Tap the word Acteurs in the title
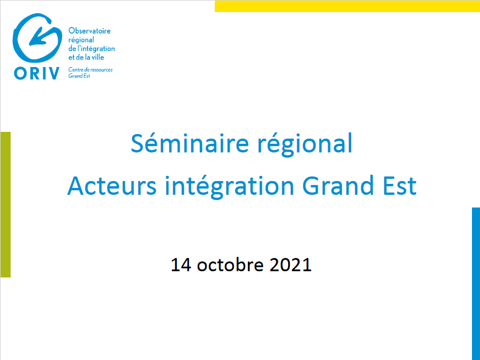point(112,186)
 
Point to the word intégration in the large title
point(230,186)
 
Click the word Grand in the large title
point(338,185)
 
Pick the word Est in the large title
point(400,186)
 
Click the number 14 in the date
point(181,264)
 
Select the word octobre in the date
point(230,264)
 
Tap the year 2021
point(290,264)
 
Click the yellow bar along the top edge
point(347,6)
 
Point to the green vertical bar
point(6,204)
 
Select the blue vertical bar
point(476,284)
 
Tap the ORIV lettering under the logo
point(37,73)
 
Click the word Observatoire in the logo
point(89,30)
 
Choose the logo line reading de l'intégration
point(92,48)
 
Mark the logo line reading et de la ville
point(86,57)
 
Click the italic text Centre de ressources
point(91,70)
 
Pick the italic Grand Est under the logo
point(79,76)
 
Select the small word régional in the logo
point(81,40)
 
